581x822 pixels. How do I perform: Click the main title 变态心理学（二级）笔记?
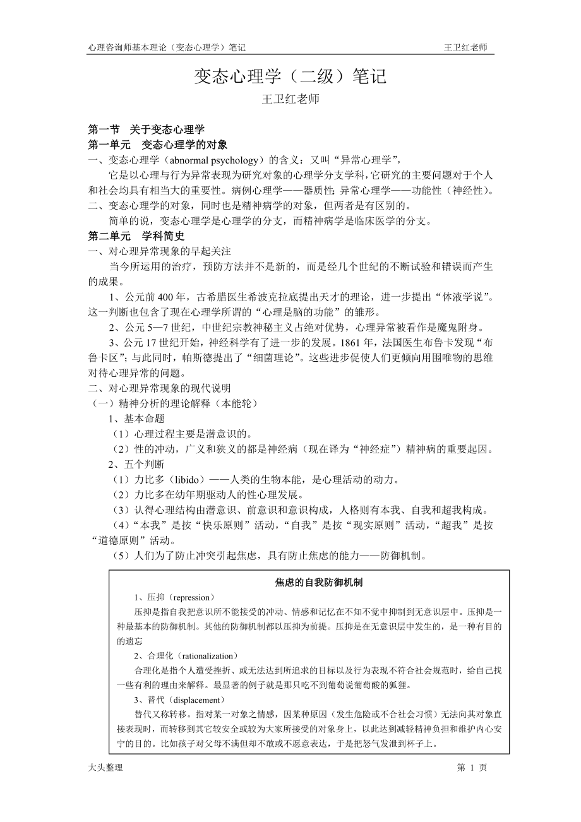point(290,78)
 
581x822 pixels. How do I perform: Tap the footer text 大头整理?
point(105,767)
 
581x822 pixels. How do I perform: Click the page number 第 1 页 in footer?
point(471,767)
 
